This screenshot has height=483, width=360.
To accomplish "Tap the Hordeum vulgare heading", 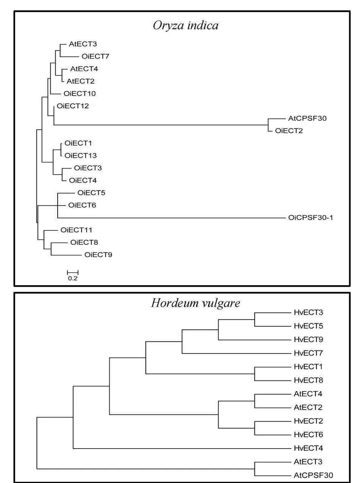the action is click(196, 303).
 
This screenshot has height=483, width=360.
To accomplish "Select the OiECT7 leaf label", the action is click(95, 56).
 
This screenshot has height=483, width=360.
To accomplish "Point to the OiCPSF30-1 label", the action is click(310, 217).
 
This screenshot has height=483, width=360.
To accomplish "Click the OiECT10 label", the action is click(79, 94).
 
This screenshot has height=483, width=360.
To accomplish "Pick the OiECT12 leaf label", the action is click(73, 106).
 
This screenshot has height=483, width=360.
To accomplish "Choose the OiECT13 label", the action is click(81, 155).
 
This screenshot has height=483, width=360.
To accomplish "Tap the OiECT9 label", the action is click(98, 255).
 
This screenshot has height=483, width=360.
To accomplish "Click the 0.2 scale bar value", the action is click(73, 278).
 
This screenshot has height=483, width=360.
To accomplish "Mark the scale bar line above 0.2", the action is click(73, 272).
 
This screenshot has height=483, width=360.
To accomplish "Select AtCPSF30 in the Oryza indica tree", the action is click(307, 118).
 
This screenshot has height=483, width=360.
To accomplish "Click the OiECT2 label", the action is click(289, 131).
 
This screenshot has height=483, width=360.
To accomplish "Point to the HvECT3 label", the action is click(308, 312).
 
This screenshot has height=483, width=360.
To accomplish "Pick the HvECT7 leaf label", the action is click(308, 353).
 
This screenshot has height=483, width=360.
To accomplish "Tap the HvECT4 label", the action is click(308, 448).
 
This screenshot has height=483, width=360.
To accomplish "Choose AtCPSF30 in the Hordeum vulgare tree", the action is click(313, 475).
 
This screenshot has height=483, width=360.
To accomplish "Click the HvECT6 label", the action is click(308, 435).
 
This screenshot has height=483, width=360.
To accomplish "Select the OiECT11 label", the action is click(76, 230).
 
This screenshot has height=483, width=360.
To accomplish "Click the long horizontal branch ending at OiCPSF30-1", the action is click(171, 218).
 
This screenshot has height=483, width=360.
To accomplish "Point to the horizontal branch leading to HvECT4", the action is click(182, 448).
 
